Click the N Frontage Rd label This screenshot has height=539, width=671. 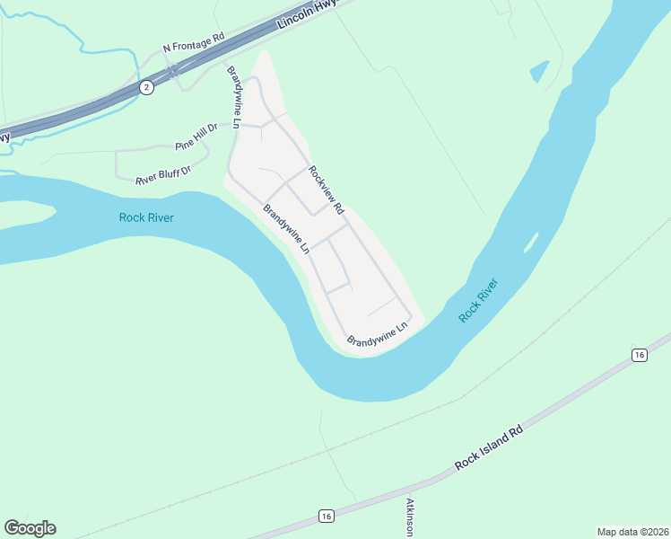(193, 43)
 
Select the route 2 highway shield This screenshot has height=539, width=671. (146, 87)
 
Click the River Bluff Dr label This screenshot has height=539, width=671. (164, 174)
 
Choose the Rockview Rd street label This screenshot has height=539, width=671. (327, 189)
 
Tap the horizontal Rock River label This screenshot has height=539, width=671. (146, 217)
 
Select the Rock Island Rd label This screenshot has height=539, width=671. (488, 448)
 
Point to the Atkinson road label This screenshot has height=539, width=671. (410, 517)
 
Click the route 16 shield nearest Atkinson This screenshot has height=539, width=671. (326, 516)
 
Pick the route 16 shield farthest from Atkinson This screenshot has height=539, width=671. (639, 355)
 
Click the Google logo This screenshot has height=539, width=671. (30, 528)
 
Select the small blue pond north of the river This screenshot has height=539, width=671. (539, 71)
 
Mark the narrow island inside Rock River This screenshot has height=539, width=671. (530, 242)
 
